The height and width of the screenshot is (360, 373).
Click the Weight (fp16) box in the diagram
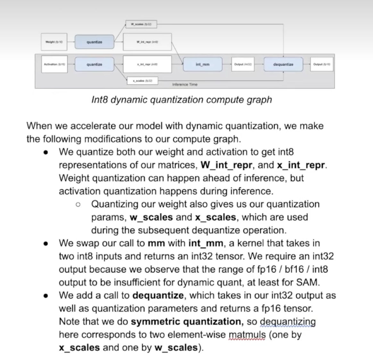coord(54,42)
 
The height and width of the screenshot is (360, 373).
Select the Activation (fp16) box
coord(54,64)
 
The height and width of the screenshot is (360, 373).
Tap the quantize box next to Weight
coord(94,42)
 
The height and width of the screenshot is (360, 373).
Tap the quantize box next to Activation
coord(94,64)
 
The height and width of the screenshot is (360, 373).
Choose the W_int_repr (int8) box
coord(147,42)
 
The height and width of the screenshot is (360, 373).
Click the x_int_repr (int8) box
coord(147,64)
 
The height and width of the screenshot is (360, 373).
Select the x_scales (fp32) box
coord(143,80)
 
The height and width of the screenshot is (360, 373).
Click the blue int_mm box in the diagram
coord(203,64)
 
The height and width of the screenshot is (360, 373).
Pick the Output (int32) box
coord(243,64)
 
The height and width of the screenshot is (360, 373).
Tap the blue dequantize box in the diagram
coord(283,64)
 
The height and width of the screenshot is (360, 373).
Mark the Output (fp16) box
coord(322,64)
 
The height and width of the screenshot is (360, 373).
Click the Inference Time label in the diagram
coord(185,85)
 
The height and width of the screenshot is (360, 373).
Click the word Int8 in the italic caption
coord(100,100)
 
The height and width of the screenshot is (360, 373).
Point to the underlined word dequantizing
coord(287,322)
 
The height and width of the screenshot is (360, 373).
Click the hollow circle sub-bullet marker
coord(78,204)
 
